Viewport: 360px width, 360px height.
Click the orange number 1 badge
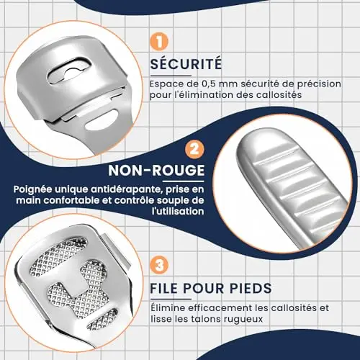coord(159,42)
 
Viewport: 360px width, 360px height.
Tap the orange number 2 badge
coord(194,149)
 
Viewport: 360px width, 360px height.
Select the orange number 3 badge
coord(159,265)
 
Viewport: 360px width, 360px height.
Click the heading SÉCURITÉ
coord(186,63)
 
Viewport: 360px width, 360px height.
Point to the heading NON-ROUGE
coord(156,170)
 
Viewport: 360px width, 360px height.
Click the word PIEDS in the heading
coord(251,288)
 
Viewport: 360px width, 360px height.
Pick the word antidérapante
coord(124,189)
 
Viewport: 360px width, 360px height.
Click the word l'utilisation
coord(178,211)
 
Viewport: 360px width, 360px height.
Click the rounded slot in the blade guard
coord(70,71)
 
